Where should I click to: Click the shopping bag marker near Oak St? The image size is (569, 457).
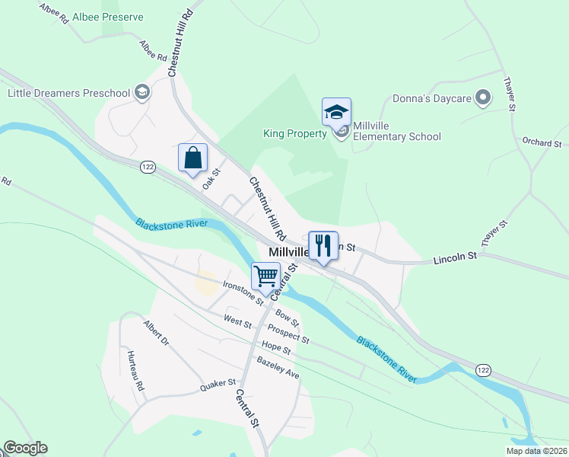click(x=193, y=158)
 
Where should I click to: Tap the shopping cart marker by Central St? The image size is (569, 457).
click(x=266, y=275)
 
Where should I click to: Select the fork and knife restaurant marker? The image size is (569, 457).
click(x=323, y=245)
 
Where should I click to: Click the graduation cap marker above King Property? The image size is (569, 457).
click(x=336, y=113)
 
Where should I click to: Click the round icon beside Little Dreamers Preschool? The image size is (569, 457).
click(x=141, y=93)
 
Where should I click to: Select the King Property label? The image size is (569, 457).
click(x=294, y=133)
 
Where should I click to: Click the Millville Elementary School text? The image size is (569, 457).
click(x=396, y=137)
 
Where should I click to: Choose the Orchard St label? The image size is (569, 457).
click(x=541, y=142)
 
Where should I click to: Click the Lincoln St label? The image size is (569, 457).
click(x=454, y=257)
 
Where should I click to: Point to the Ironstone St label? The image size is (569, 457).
click(x=243, y=292)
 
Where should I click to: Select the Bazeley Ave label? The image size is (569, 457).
click(x=278, y=367)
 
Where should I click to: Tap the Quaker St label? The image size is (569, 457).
click(x=219, y=386)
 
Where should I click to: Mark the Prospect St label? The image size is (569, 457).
click(x=288, y=334)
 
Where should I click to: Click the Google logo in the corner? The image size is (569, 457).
click(x=25, y=448)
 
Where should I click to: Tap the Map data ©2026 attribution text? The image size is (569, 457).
click(x=536, y=451)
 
